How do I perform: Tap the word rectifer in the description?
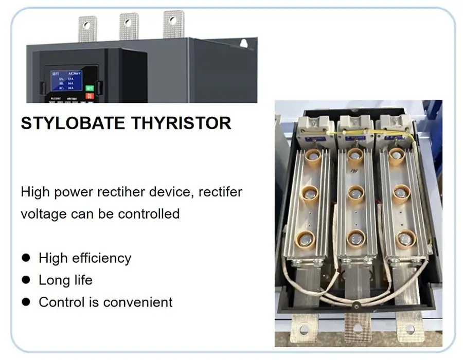click(219, 192)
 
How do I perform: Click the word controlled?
click(149, 213)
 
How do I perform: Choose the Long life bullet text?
click(65, 280)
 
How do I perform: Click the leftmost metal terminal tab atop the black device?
click(87, 28)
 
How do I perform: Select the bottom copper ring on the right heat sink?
click(405, 238)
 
